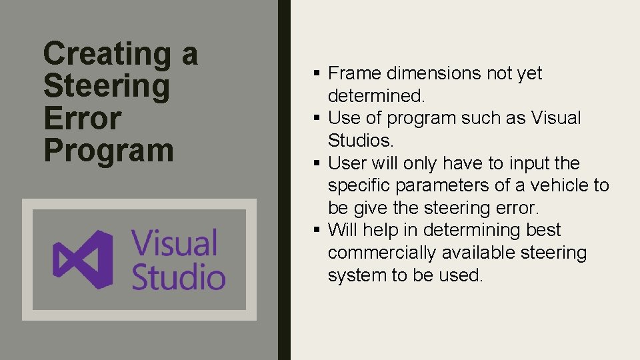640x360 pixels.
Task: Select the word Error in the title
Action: (83, 119)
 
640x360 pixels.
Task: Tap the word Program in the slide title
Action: (109, 151)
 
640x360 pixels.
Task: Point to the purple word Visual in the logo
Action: (175, 243)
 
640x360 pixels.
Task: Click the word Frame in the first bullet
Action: (355, 73)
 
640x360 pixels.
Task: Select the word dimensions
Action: (437, 73)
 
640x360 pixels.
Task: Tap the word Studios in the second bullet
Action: (360, 141)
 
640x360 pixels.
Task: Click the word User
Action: (347, 163)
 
